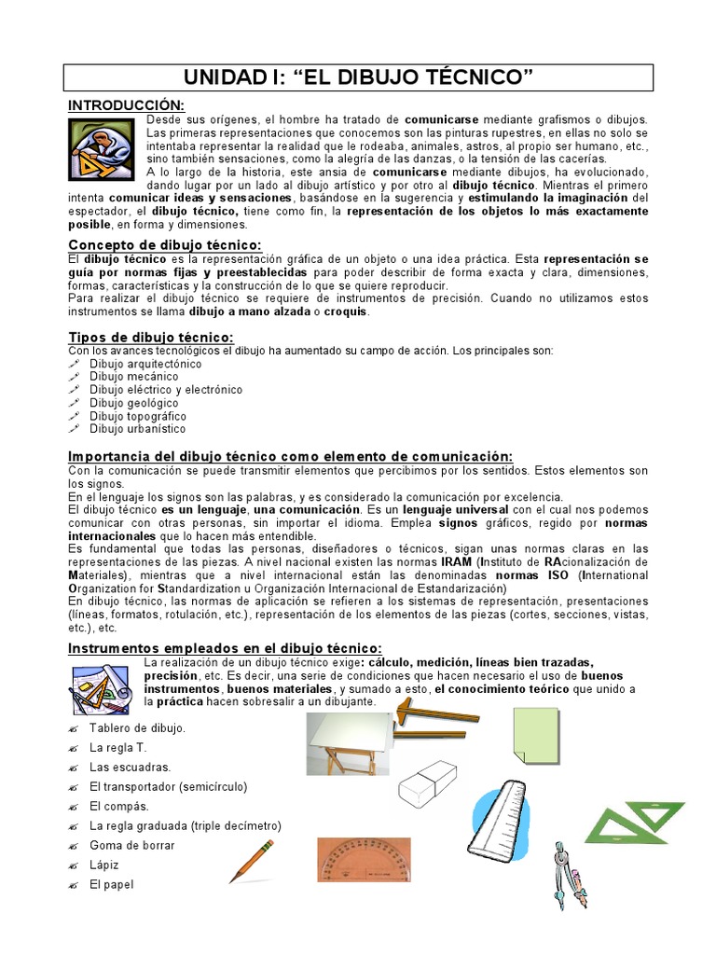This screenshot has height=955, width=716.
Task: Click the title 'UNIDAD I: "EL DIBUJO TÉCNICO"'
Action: [357, 76]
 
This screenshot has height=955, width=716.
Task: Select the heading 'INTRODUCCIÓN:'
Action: [127, 104]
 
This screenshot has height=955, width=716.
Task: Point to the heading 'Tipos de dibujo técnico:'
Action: [151, 337]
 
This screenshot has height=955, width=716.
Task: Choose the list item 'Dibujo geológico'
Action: [133, 403]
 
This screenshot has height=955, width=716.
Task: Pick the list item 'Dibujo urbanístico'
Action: [137, 429]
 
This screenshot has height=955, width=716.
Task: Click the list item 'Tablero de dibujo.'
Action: [137, 727]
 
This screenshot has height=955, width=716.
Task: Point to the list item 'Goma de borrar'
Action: [131, 845]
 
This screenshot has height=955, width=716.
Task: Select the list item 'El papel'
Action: [112, 884]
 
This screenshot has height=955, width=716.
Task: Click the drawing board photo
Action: [348, 742]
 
